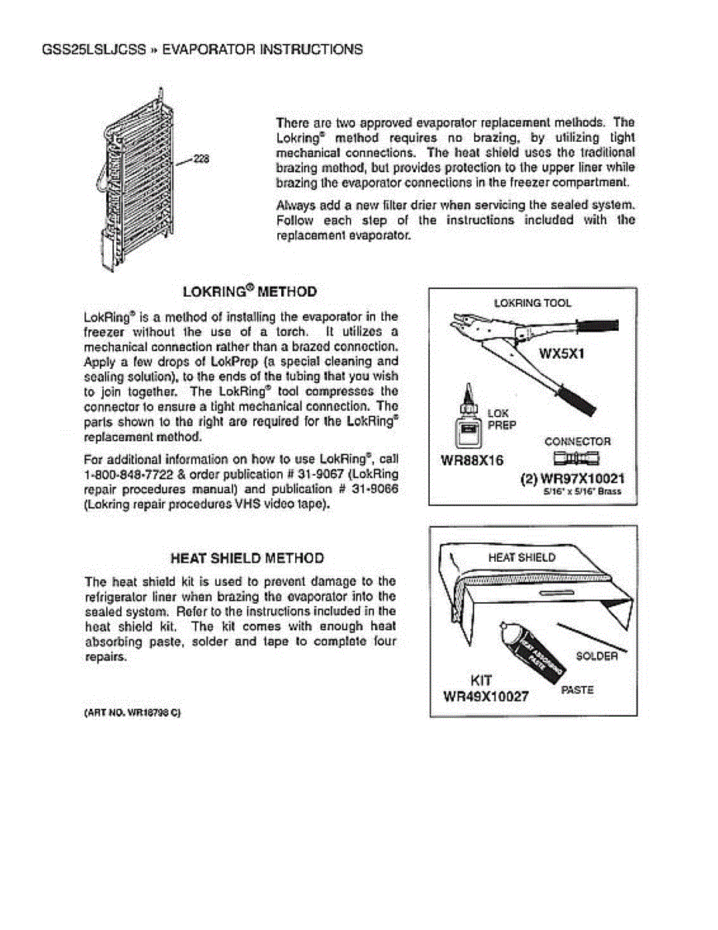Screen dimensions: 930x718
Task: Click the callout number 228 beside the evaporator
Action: point(201,159)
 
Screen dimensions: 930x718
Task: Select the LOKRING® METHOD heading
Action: point(249,291)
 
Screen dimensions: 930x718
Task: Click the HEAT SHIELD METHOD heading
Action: point(247,558)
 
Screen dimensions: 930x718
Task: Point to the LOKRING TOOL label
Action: point(532,302)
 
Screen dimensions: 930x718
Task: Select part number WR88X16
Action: point(472,460)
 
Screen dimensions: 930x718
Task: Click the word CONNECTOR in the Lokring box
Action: point(577,441)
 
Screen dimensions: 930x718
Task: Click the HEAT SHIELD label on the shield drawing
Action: point(521,557)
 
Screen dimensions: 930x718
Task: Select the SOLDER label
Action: point(596,656)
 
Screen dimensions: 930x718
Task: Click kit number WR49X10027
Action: point(485,696)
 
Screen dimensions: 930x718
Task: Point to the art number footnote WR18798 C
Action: point(132,711)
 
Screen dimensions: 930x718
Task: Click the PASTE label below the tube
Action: point(576,689)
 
